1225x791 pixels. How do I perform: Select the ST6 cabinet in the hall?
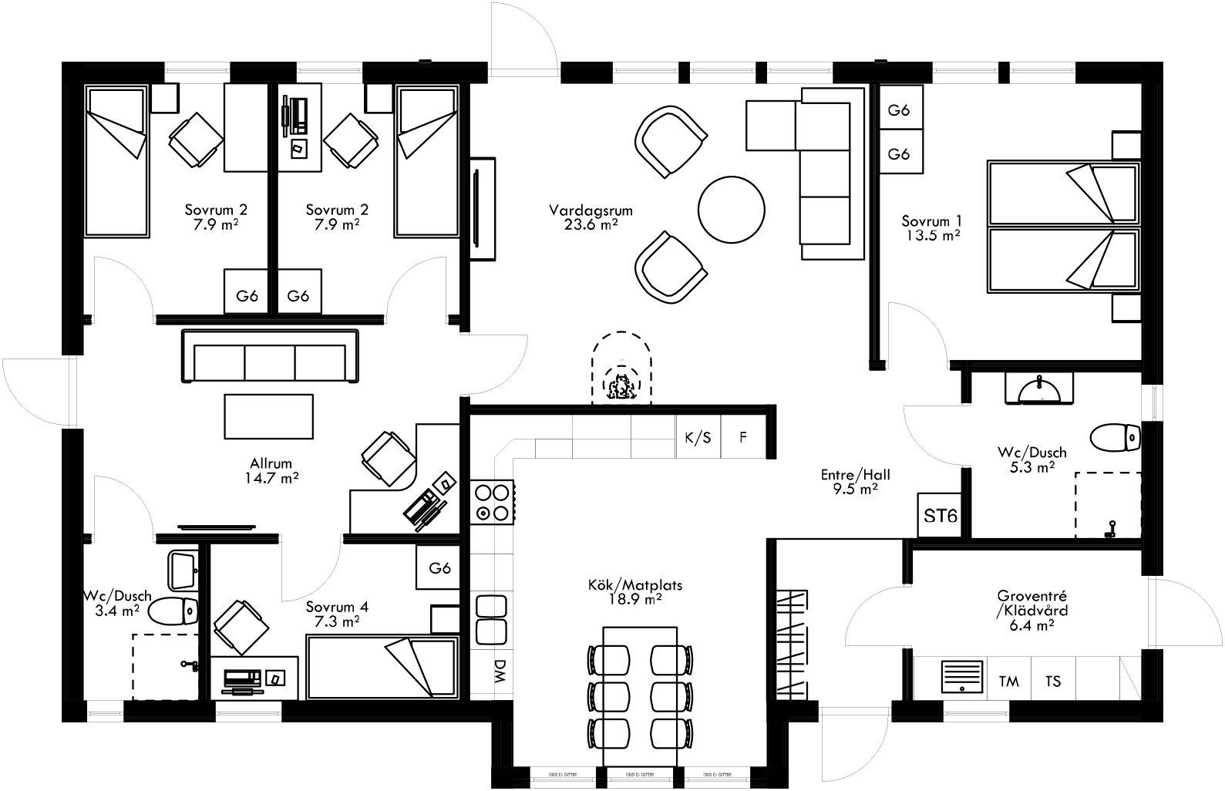(x=940, y=515)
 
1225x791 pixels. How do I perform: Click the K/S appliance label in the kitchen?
(x=698, y=438)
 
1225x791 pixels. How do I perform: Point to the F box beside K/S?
(x=743, y=438)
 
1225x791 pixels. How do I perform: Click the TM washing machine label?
(x=1008, y=681)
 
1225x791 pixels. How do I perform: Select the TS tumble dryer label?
(x=1052, y=681)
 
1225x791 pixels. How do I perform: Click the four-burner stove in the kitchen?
(x=492, y=501)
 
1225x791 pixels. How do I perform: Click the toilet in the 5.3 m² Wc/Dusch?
(x=1116, y=437)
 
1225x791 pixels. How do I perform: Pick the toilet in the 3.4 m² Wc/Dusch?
(x=173, y=612)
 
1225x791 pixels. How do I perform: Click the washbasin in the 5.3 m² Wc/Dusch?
(x=1040, y=389)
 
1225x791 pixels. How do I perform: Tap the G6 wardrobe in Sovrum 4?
(x=439, y=568)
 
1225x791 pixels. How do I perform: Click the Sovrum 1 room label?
(x=931, y=228)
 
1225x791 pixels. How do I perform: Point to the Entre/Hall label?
(x=850, y=481)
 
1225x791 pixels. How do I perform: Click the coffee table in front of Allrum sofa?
(x=269, y=416)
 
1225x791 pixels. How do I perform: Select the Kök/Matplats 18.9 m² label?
(x=634, y=591)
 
